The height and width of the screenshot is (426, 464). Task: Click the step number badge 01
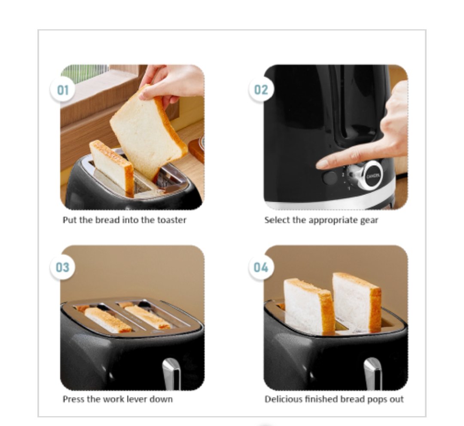click(x=63, y=89)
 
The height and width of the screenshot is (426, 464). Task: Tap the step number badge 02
click(x=261, y=89)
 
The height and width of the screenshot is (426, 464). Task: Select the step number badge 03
click(x=62, y=267)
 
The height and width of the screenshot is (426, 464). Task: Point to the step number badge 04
click(x=261, y=267)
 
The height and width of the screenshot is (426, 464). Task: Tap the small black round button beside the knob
click(x=330, y=178)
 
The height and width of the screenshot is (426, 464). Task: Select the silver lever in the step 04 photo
click(x=373, y=374)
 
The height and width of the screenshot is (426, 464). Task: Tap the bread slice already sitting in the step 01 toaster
click(x=112, y=166)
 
